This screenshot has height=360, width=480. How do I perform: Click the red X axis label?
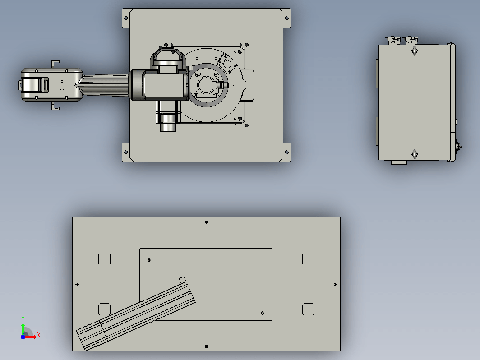coord(39,335)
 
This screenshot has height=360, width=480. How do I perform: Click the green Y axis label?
coord(23,319)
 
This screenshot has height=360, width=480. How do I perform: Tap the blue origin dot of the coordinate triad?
coord(23,337)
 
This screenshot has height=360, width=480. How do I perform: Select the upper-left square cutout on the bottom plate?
coord(104,259)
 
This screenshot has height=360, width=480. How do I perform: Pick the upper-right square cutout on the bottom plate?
coord(308,259)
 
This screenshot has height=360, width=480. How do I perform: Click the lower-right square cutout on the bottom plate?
coord(308,309)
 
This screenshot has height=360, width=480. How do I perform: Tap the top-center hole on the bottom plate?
coord(206,222)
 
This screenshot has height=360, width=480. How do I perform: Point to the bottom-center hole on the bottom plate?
coord(206,346)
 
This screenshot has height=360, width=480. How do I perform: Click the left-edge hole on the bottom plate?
coord(77,284)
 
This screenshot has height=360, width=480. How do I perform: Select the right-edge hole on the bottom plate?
coord(336,284)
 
